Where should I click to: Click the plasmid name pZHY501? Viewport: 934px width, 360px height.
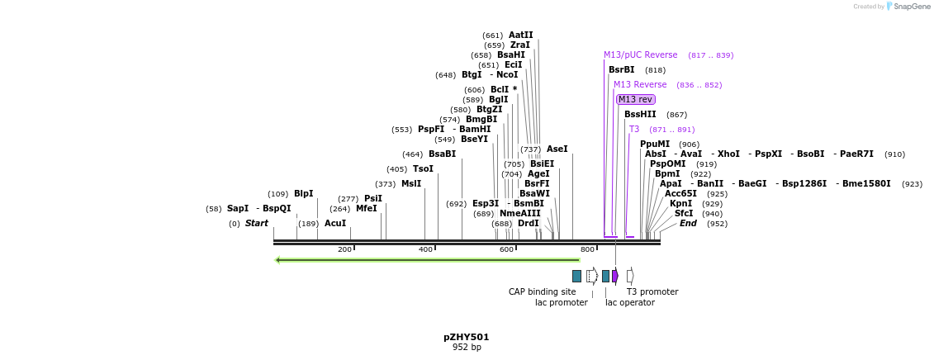pos(466,337)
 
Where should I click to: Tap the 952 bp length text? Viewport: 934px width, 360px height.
pos(466,348)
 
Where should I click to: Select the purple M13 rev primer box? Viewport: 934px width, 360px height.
pos(635,99)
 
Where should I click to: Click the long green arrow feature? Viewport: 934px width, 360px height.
pos(427,260)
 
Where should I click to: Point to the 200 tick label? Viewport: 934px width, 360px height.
pos(344,249)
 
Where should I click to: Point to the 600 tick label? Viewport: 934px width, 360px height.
pos(506,249)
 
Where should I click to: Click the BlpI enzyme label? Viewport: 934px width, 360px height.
pos(303,194)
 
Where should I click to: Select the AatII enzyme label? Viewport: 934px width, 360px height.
pos(520,36)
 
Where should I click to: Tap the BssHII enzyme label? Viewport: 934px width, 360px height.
pos(640,115)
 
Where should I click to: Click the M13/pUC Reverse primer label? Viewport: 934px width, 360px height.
pos(640,55)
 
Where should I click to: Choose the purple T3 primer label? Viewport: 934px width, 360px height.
pos(634,130)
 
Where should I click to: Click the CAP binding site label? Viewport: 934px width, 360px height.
pos(542,291)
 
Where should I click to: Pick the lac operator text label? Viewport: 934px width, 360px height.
pos(629,302)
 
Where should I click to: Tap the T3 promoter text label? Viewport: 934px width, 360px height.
pos(652,291)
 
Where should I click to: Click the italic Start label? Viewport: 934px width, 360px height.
pos(256,224)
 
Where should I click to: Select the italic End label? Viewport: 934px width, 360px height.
pos(688,224)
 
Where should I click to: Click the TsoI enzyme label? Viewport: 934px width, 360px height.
pos(423,169)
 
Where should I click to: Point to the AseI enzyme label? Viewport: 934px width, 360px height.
pos(557,149)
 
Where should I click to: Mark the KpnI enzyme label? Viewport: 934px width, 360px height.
pos(680,204)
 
